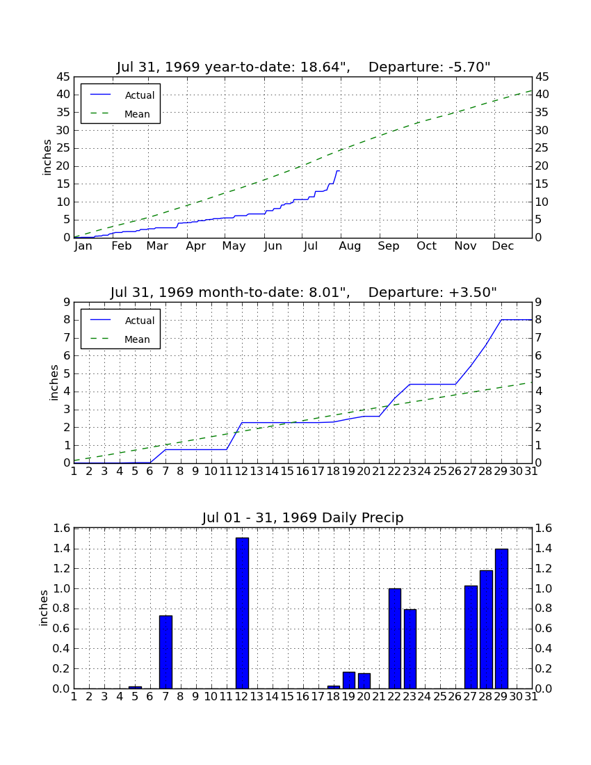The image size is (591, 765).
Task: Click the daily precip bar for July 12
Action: click(x=243, y=613)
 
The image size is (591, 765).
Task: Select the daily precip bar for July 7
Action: click(x=165, y=652)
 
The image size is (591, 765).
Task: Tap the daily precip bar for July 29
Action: click(x=501, y=619)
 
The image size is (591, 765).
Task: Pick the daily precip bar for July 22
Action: click(x=394, y=638)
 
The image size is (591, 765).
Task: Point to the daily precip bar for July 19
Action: click(x=349, y=680)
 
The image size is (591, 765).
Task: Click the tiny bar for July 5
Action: click(x=135, y=687)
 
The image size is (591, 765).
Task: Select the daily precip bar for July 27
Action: click(x=471, y=637)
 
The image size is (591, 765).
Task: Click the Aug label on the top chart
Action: click(x=350, y=246)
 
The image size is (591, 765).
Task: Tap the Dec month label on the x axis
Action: click(x=503, y=246)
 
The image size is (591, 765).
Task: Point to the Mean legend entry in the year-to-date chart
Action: click(x=120, y=114)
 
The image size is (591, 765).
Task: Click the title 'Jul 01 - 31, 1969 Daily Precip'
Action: click(x=303, y=517)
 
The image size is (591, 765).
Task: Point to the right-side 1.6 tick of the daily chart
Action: click(x=544, y=528)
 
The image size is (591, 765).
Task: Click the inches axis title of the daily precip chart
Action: click(x=44, y=608)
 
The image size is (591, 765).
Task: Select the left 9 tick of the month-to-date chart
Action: click(x=67, y=303)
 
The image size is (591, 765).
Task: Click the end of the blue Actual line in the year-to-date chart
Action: click(x=339, y=171)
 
